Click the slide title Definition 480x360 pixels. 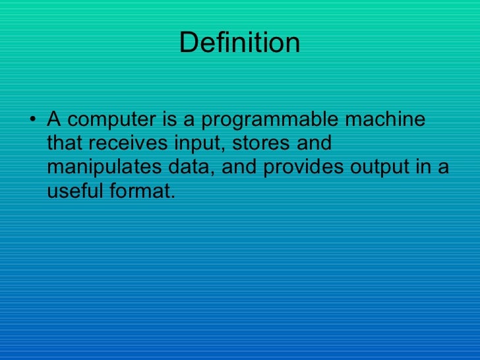(239, 44)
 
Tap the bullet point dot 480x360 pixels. (33, 121)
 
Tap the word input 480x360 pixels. (198, 144)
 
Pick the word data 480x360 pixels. (192, 167)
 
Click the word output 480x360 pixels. (382, 167)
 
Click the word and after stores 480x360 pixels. (311, 144)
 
